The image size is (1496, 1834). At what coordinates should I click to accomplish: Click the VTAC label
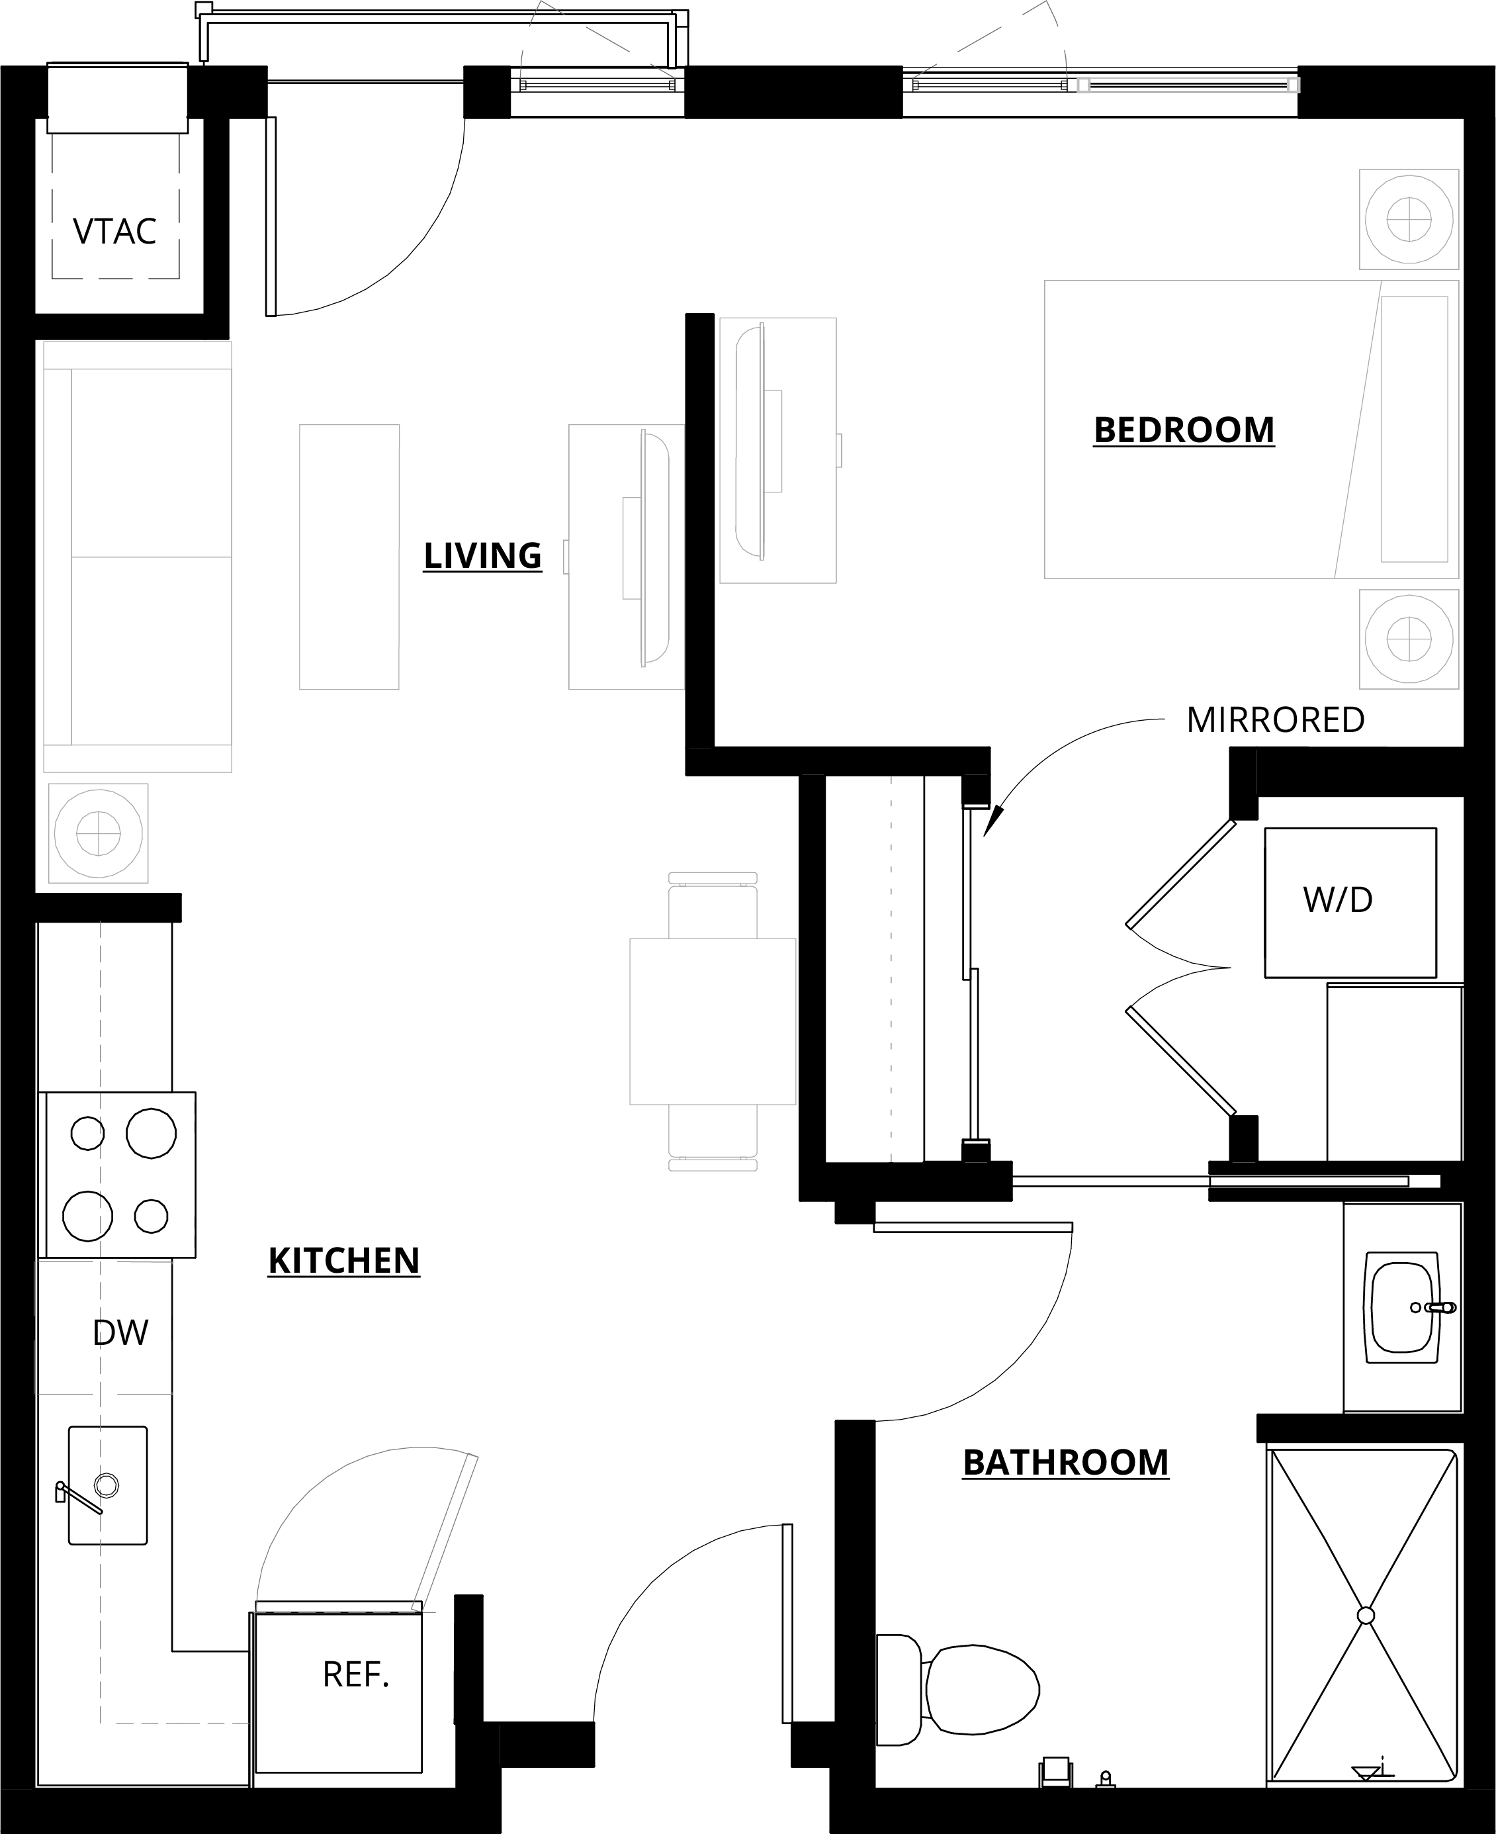click(114, 231)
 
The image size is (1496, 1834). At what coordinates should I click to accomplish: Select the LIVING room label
click(482, 555)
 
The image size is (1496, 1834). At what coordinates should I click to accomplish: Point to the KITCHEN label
click(344, 1260)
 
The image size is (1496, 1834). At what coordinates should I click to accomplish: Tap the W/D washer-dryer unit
click(1350, 902)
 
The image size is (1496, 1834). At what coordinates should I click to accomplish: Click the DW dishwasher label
click(120, 1332)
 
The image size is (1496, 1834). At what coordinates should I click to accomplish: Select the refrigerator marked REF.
click(339, 1692)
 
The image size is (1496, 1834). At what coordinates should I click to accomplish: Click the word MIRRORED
click(1276, 719)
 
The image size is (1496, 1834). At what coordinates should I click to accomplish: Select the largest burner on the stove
click(152, 1133)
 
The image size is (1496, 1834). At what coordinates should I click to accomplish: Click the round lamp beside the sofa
click(98, 833)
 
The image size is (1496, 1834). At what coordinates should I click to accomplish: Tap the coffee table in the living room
click(349, 556)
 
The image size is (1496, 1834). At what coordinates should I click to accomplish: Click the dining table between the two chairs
click(713, 1021)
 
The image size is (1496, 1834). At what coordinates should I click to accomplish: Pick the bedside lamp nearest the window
click(1409, 219)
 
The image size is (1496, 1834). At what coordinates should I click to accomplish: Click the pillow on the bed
click(1414, 429)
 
